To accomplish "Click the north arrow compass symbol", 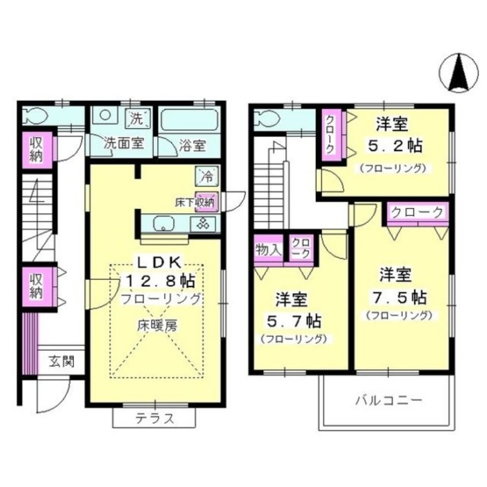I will [458, 73].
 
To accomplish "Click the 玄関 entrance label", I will [61, 361].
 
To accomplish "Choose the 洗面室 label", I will [124, 144].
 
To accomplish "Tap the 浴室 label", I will [191, 145].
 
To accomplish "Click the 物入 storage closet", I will [268, 249].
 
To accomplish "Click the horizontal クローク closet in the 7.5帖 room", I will [417, 213].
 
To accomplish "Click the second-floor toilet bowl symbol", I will [265, 118].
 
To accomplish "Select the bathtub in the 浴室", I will [190, 119].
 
